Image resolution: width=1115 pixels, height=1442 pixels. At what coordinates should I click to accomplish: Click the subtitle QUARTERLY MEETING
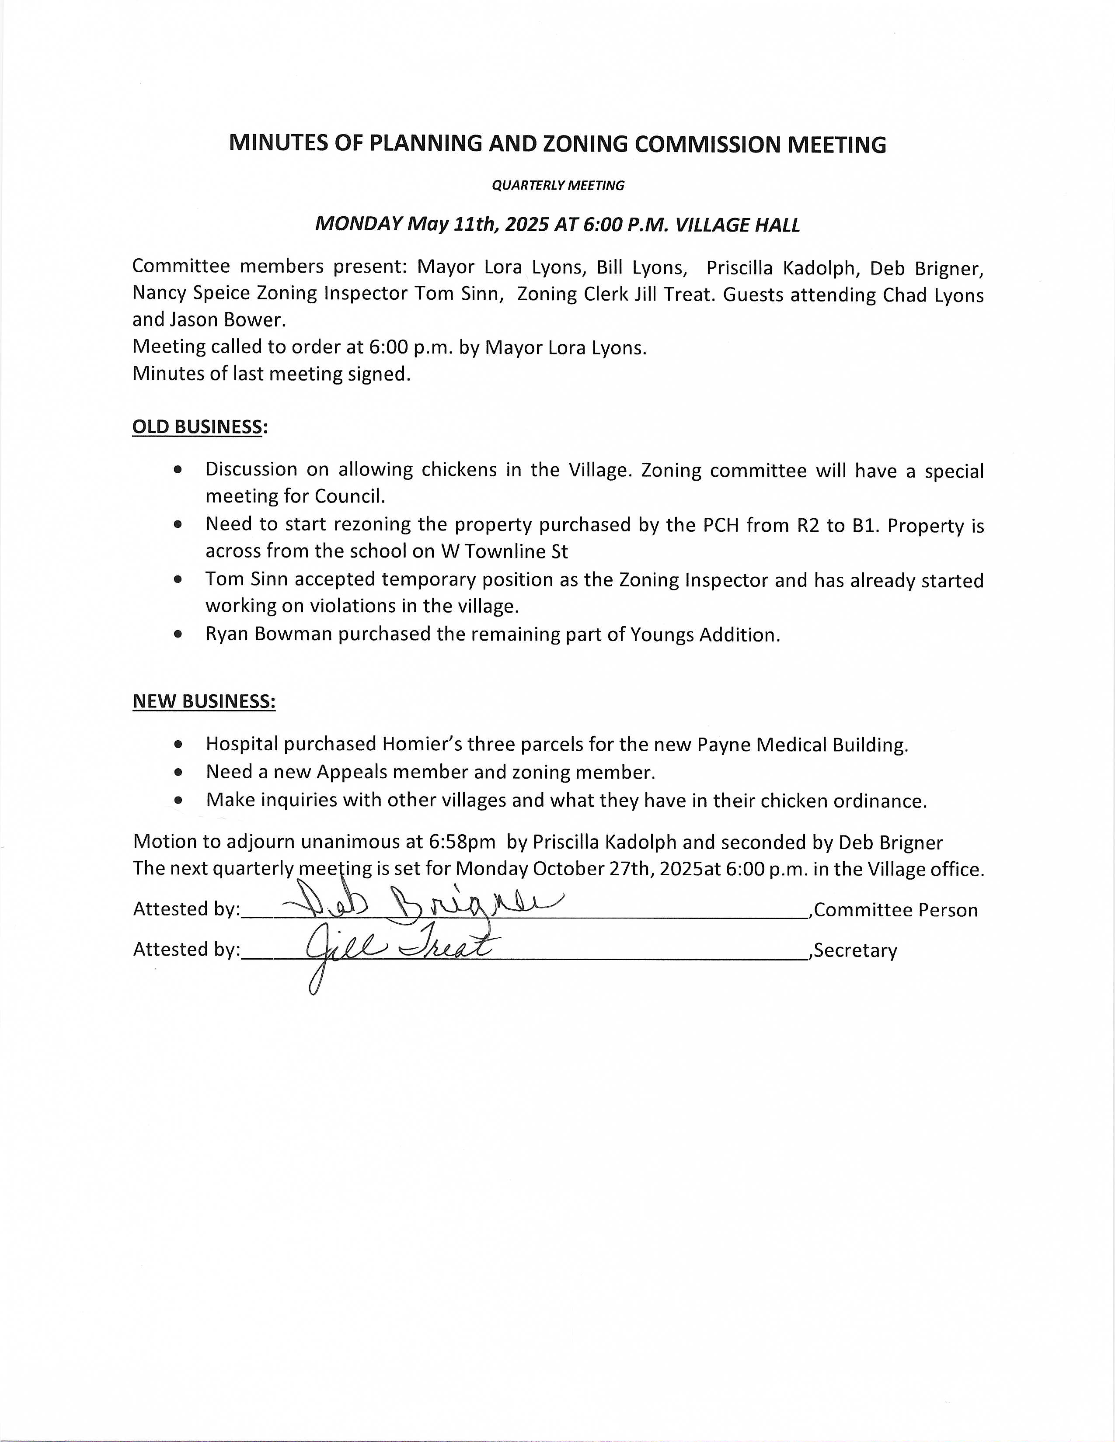557,186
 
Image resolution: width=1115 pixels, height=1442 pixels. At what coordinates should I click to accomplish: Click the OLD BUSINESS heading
198,427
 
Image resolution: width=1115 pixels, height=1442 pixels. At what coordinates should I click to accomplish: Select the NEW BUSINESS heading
204,701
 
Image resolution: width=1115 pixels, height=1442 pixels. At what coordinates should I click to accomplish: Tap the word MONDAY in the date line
359,225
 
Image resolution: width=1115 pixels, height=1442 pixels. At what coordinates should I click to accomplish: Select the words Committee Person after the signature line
896,911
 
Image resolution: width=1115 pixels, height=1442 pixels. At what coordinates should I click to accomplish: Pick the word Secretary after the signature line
856,951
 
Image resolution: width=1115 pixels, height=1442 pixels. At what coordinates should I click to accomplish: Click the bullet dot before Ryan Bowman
178,634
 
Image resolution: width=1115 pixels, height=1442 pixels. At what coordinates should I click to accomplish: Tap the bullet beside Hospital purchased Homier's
178,744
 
